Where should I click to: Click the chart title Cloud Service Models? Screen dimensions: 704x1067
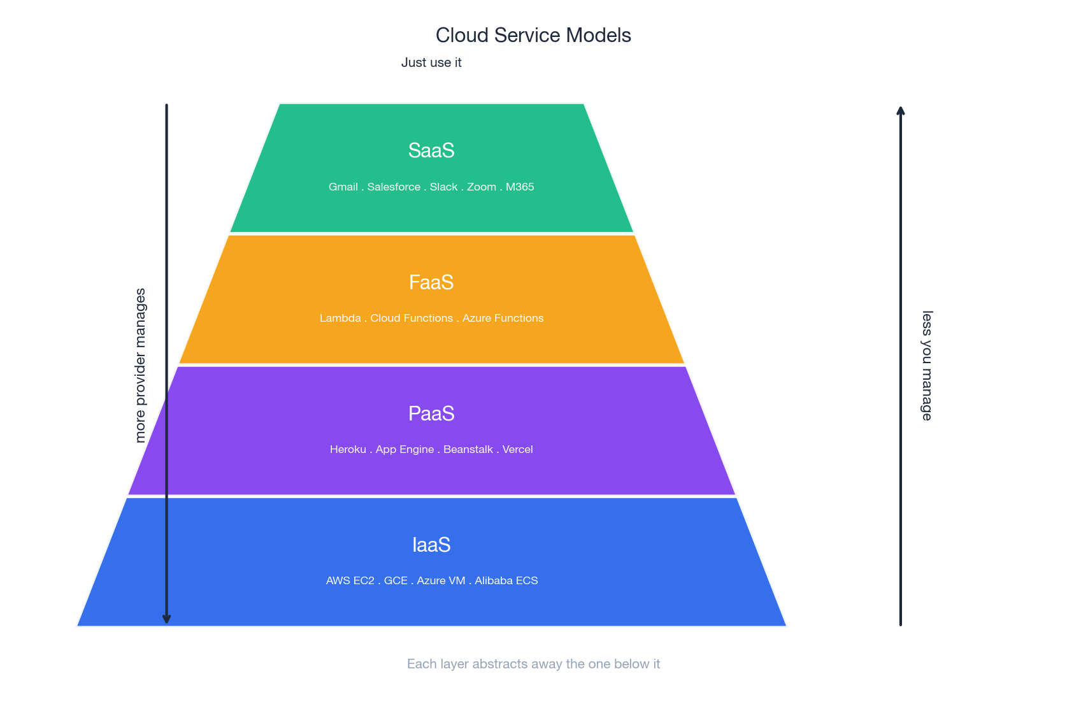(533, 35)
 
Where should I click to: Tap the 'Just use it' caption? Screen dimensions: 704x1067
(431, 62)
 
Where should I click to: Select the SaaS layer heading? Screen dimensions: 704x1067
(431, 150)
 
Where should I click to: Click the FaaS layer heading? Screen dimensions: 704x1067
(431, 282)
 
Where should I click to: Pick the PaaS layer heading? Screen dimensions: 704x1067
(431, 413)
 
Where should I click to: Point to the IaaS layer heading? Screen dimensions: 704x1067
(431, 545)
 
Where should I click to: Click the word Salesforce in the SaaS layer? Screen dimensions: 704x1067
(394, 187)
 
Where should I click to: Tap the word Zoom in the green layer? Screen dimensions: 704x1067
(482, 187)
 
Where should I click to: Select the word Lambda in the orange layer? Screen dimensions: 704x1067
(340, 318)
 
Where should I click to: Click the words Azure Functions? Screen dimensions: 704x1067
(503, 318)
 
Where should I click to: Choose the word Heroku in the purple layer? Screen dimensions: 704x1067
(348, 449)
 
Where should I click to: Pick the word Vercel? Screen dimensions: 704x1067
(517, 449)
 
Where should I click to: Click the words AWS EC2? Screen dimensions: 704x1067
(350, 580)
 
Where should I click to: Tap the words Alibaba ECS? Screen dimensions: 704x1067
(506, 580)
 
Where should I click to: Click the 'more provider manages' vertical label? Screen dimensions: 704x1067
(141, 365)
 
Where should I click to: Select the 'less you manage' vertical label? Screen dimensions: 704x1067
(927, 365)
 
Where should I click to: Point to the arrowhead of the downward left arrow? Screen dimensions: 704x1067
(166, 619)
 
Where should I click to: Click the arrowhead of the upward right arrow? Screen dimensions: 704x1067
(901, 111)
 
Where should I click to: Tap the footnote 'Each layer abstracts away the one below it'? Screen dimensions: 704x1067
(533, 664)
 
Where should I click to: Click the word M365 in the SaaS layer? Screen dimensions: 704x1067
(520, 187)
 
